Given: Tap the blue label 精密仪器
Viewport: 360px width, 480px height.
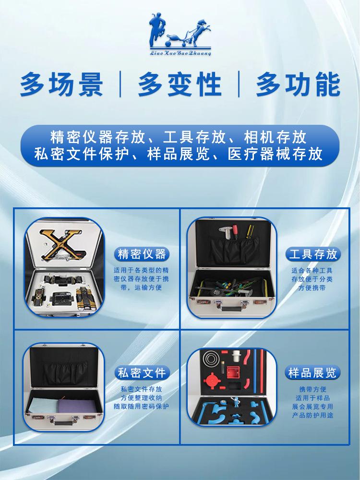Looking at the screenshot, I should coord(142,253).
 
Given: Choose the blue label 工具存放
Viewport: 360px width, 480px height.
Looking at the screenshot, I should coord(312,253).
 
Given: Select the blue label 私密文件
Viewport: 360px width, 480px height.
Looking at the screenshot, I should coord(142,372).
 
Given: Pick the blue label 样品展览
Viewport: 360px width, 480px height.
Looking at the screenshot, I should coord(312,372).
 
